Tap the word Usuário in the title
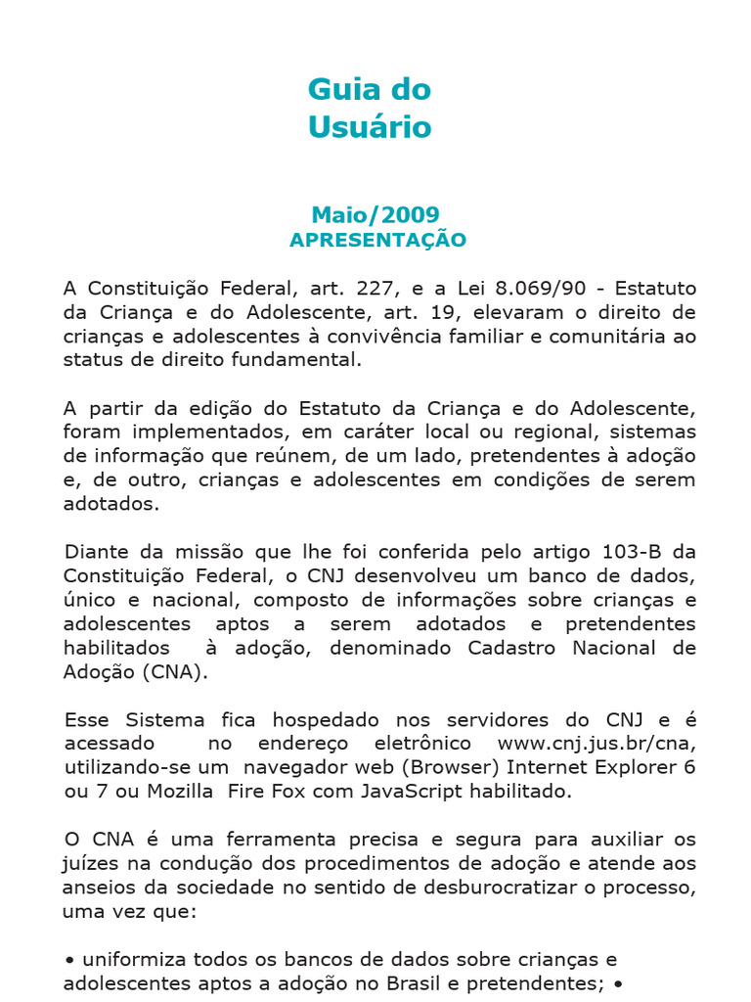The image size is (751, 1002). click(370, 127)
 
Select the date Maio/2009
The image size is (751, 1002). click(375, 214)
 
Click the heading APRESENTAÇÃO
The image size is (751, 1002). click(377, 240)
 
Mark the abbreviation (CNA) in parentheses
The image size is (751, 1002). click(174, 671)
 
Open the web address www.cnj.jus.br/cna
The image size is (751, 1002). click(596, 743)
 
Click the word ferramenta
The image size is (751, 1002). click(268, 839)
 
